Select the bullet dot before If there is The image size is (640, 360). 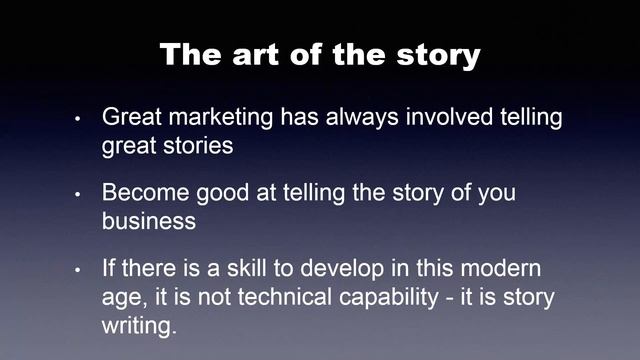[x=78, y=270]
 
